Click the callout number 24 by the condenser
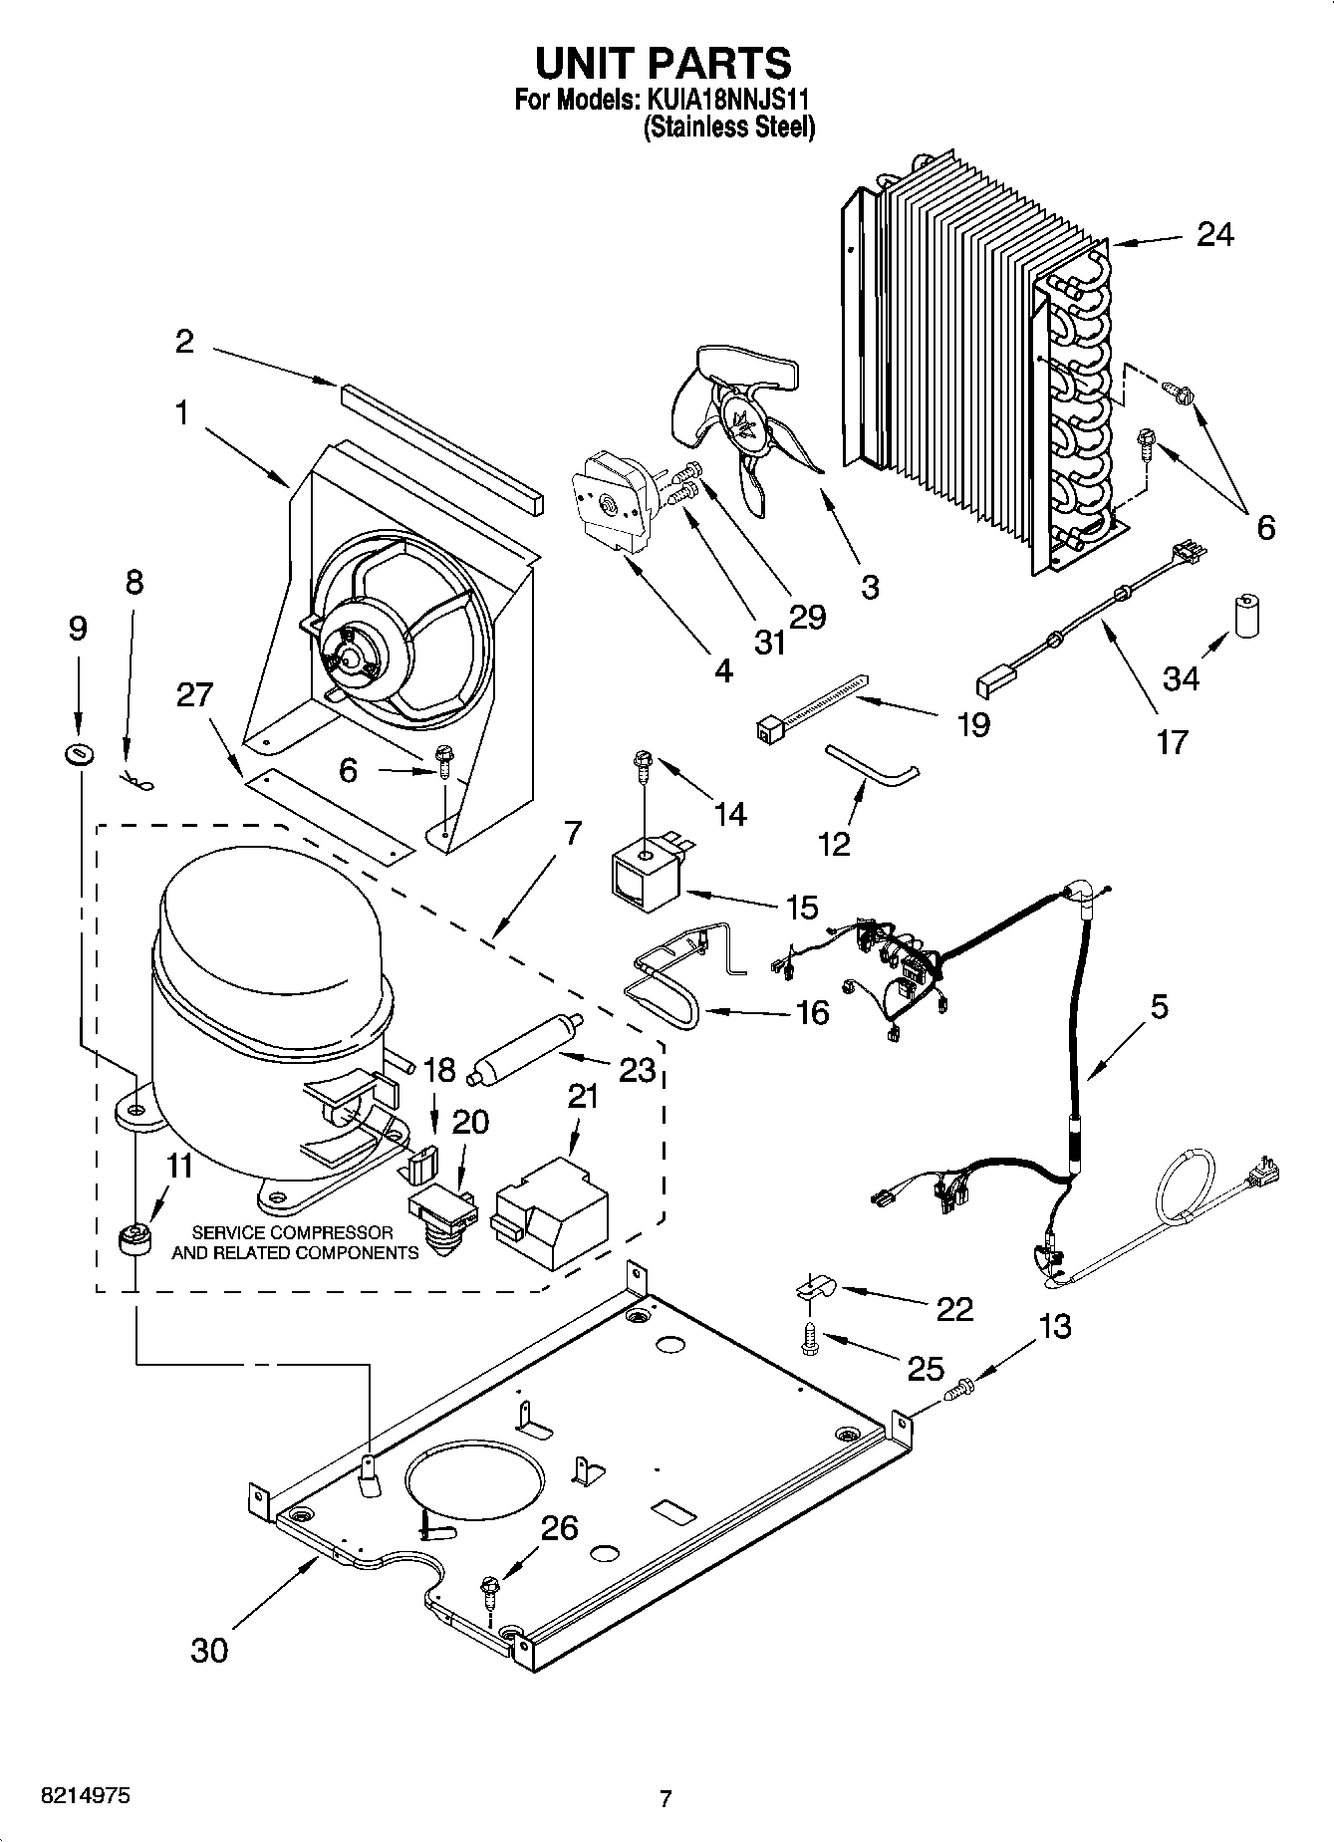tap(1214, 235)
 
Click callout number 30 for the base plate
tap(209, 1650)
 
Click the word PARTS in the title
tap(718, 63)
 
